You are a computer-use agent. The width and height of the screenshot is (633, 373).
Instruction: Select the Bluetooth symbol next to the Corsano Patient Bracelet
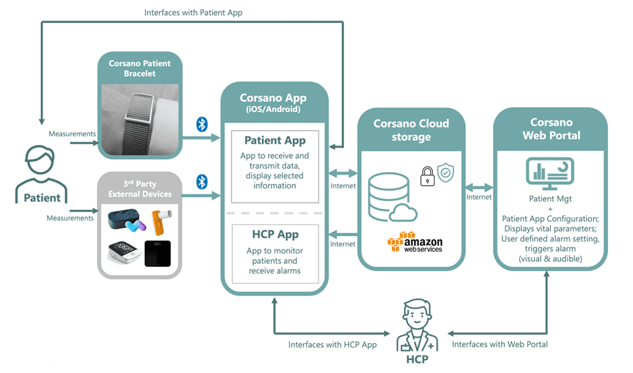pyautogui.click(x=201, y=124)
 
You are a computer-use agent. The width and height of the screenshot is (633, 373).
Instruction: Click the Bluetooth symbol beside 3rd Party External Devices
pyautogui.click(x=201, y=182)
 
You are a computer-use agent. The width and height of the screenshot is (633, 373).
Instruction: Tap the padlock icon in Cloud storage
pyautogui.click(x=427, y=177)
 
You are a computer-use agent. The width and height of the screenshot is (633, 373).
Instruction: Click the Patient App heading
pyautogui.click(x=275, y=140)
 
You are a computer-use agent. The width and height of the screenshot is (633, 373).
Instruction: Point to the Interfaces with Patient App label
pyautogui.click(x=193, y=12)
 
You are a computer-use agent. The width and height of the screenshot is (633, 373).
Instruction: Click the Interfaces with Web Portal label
pyautogui.click(x=500, y=344)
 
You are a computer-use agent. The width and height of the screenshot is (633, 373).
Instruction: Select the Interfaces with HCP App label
pyautogui.click(x=332, y=344)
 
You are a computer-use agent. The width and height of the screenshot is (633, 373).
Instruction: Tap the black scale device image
pyautogui.click(x=157, y=253)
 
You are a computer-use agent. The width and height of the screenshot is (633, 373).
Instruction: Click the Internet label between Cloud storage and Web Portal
pyautogui.click(x=479, y=197)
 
